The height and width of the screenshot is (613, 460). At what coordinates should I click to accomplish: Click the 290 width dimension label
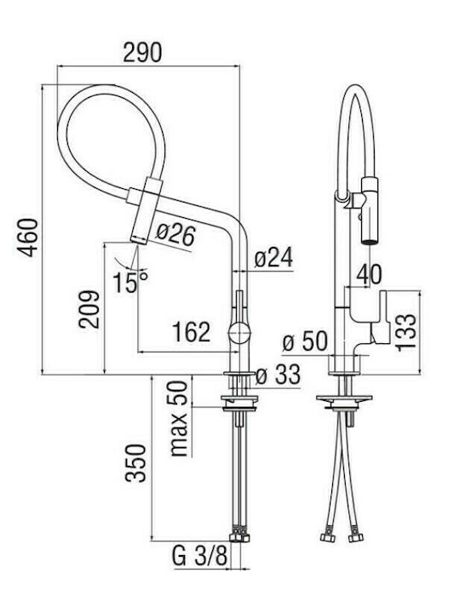(142, 53)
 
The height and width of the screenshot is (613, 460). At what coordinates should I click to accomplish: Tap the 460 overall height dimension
(30, 238)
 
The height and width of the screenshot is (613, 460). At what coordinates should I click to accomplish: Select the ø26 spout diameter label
(175, 235)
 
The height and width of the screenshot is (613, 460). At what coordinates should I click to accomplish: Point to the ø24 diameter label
(273, 258)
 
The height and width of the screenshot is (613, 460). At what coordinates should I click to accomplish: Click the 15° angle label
(130, 282)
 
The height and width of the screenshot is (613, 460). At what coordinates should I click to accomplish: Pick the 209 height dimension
(89, 309)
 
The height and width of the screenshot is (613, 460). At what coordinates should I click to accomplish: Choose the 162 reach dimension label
(192, 332)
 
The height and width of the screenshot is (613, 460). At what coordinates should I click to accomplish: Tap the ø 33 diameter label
(278, 375)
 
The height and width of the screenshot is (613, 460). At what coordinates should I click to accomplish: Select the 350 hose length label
(135, 463)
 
